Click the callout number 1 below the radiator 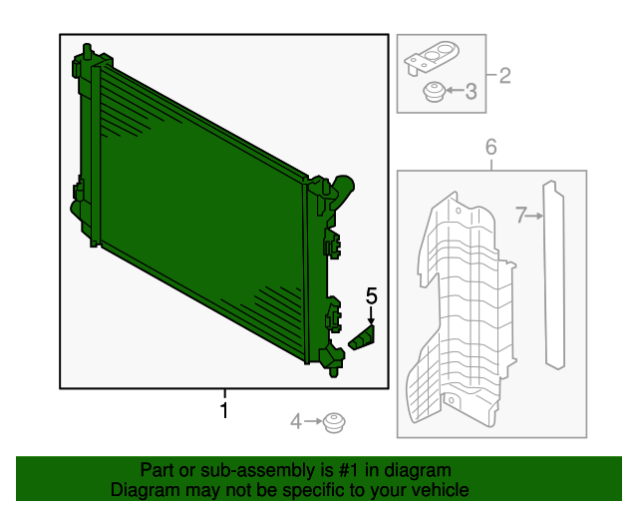[224, 410]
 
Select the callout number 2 [504, 75]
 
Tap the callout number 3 [471, 92]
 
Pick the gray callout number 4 [295, 423]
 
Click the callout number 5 [372, 295]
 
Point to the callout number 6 [490, 148]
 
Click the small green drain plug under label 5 [363, 338]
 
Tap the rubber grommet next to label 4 [334, 423]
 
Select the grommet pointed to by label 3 [433, 93]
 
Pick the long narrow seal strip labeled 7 [553, 274]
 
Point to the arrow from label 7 [534, 215]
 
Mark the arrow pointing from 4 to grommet [313, 423]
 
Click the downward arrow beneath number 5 [372, 313]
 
